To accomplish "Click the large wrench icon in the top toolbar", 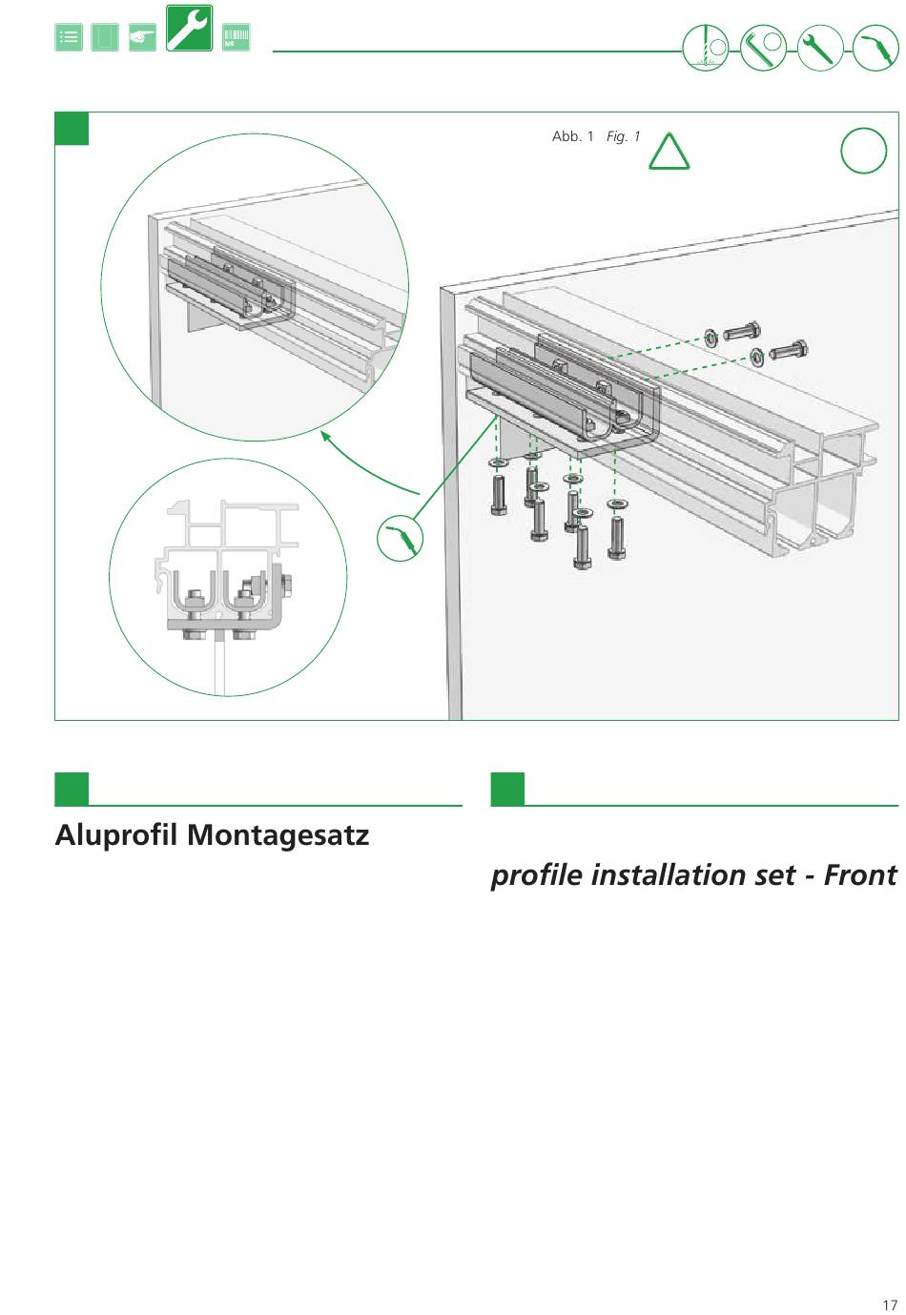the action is (189, 29).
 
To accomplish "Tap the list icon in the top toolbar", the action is (69, 38).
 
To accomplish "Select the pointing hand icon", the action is (142, 38).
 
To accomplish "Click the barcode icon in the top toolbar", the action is (236, 38).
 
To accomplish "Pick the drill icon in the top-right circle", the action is (706, 47).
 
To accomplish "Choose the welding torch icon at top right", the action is (875, 47).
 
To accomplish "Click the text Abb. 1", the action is (572, 136).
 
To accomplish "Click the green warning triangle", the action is (669, 153).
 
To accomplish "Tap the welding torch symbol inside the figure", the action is (401, 537).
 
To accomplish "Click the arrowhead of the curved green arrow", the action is (325, 437).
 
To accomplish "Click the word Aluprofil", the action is (116, 835).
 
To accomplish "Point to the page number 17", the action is (889, 1305).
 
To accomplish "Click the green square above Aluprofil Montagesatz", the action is (72, 789).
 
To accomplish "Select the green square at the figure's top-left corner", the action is (72, 129).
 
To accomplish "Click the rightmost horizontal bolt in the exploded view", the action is (789, 349).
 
